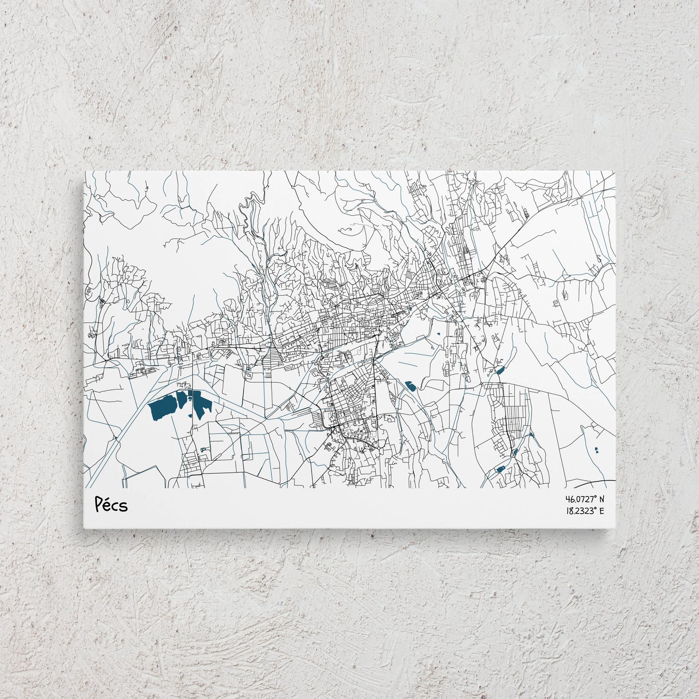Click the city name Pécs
click(111, 505)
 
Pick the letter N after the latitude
click(602, 499)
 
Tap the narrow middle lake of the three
click(182, 400)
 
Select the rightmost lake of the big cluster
click(201, 404)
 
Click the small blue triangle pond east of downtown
click(438, 333)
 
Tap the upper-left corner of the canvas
click(85, 171)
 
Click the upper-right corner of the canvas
click(615, 171)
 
